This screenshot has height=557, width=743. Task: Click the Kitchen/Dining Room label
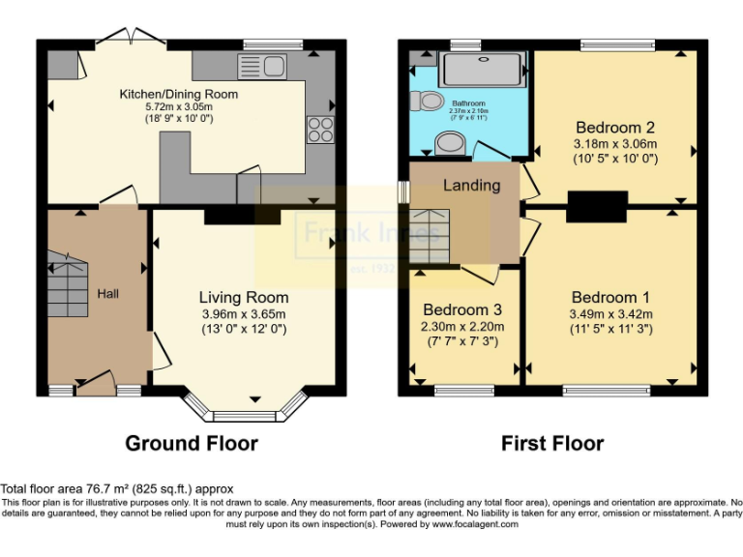pyautogui.click(x=178, y=94)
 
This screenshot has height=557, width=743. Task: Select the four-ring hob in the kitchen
pyautogui.click(x=318, y=129)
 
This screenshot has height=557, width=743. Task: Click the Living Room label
pyautogui.click(x=244, y=297)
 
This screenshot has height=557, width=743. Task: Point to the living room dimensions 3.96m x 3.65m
pyautogui.click(x=244, y=313)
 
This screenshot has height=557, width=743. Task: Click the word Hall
pyautogui.click(x=107, y=293)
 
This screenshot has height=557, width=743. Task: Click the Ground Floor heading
pyautogui.click(x=192, y=444)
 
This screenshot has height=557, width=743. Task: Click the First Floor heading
pyautogui.click(x=551, y=444)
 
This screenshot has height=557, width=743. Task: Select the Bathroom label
pyautogui.click(x=469, y=103)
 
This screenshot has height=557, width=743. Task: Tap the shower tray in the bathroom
pyautogui.click(x=484, y=71)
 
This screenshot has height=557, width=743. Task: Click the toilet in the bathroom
pyautogui.click(x=427, y=101)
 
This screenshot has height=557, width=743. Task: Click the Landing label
pyautogui.click(x=472, y=185)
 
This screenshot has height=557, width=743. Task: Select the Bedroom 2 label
pyautogui.click(x=615, y=127)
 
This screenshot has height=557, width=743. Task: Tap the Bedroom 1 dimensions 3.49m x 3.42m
pyautogui.click(x=610, y=313)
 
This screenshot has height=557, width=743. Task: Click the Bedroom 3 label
pyautogui.click(x=462, y=310)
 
